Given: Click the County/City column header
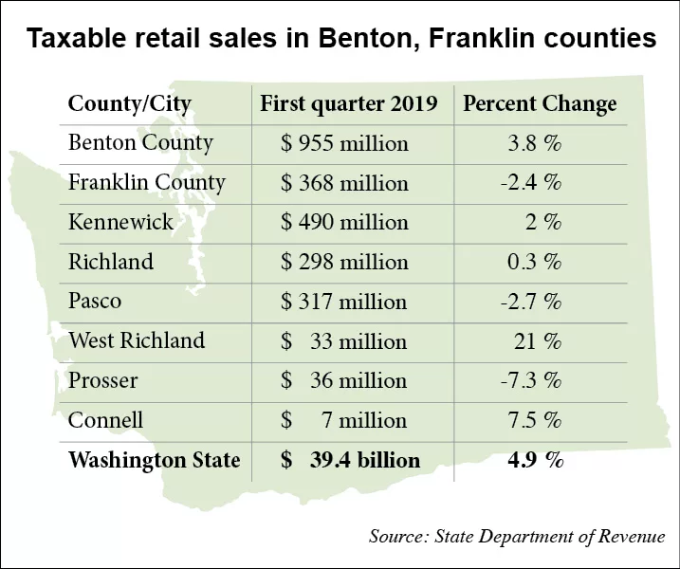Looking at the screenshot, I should pos(129,103).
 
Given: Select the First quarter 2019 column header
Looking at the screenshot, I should pos(348,103).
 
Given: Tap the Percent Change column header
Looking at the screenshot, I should pos(540,103).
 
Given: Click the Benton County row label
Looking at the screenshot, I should pos(140,143).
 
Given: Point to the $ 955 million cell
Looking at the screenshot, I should pos(344,144).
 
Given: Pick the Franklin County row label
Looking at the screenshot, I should pos(146,182).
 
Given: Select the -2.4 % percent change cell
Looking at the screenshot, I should pos(530,183).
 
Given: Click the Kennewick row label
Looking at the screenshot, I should pos(120,222).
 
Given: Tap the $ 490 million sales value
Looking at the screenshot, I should pos(344,223).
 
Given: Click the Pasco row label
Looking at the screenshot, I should pos(95,302).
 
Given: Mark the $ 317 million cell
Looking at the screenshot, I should pos(344,303).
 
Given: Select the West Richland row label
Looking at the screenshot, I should pos(136,340).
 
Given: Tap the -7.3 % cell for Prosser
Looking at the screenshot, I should pos(530,381).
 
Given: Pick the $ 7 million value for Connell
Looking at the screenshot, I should pos(344,420).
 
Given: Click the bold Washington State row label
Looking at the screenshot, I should pos(154,461).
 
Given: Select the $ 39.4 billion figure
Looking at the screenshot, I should pos(350,461).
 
